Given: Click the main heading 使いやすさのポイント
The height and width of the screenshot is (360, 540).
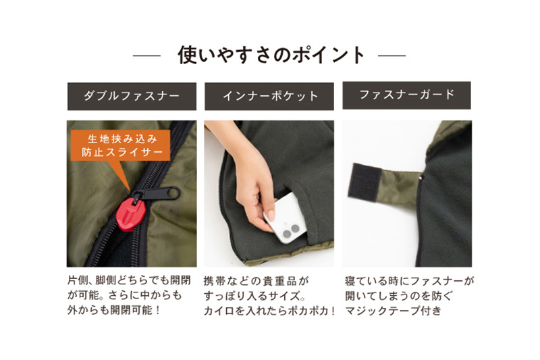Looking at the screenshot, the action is click(271, 55).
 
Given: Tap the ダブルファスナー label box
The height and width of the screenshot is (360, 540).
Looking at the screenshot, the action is click(132, 96).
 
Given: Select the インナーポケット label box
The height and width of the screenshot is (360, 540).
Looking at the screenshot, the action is click(269, 96).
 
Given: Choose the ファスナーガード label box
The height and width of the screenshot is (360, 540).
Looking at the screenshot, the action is click(407, 95).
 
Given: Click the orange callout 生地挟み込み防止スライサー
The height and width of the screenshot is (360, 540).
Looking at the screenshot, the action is click(121, 145).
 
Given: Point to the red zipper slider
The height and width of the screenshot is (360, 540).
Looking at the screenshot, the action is click(130, 213).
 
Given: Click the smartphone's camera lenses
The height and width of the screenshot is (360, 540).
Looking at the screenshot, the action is click(291, 232).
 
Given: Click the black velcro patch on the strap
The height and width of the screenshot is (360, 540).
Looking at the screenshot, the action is click(364, 182).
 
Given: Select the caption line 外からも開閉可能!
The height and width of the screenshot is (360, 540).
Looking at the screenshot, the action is click(114, 311).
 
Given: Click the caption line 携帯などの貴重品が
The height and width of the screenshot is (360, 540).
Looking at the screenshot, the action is click(256, 281).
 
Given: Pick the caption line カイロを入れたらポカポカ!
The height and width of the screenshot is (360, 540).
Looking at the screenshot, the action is click(269, 311).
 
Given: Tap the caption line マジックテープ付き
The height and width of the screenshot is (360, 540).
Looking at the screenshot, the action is click(394, 311).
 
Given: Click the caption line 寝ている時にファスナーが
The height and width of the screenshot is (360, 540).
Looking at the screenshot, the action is click(410, 281).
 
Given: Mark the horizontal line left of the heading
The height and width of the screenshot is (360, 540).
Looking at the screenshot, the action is click(146, 55).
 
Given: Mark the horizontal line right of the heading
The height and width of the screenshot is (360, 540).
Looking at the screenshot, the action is click(391, 55).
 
